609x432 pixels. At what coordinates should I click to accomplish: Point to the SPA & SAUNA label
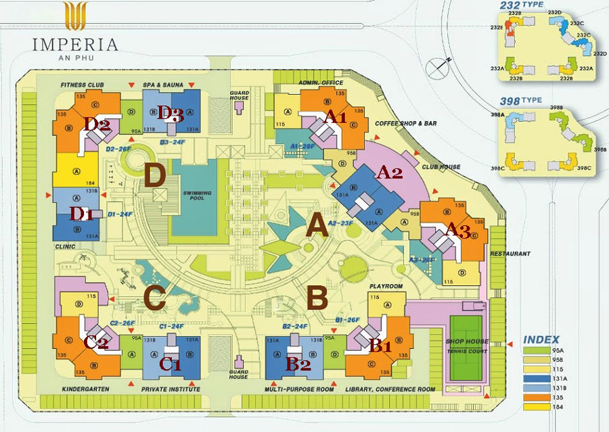point(161,85)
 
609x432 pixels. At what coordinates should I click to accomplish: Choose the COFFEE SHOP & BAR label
point(407,124)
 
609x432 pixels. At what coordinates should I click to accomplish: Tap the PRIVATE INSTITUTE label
point(171,389)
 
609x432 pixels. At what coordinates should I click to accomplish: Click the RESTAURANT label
point(510,254)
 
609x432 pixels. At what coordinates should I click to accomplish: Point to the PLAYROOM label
point(386,286)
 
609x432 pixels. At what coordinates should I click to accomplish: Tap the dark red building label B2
point(298,364)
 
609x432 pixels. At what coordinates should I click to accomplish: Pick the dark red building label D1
point(82,215)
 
